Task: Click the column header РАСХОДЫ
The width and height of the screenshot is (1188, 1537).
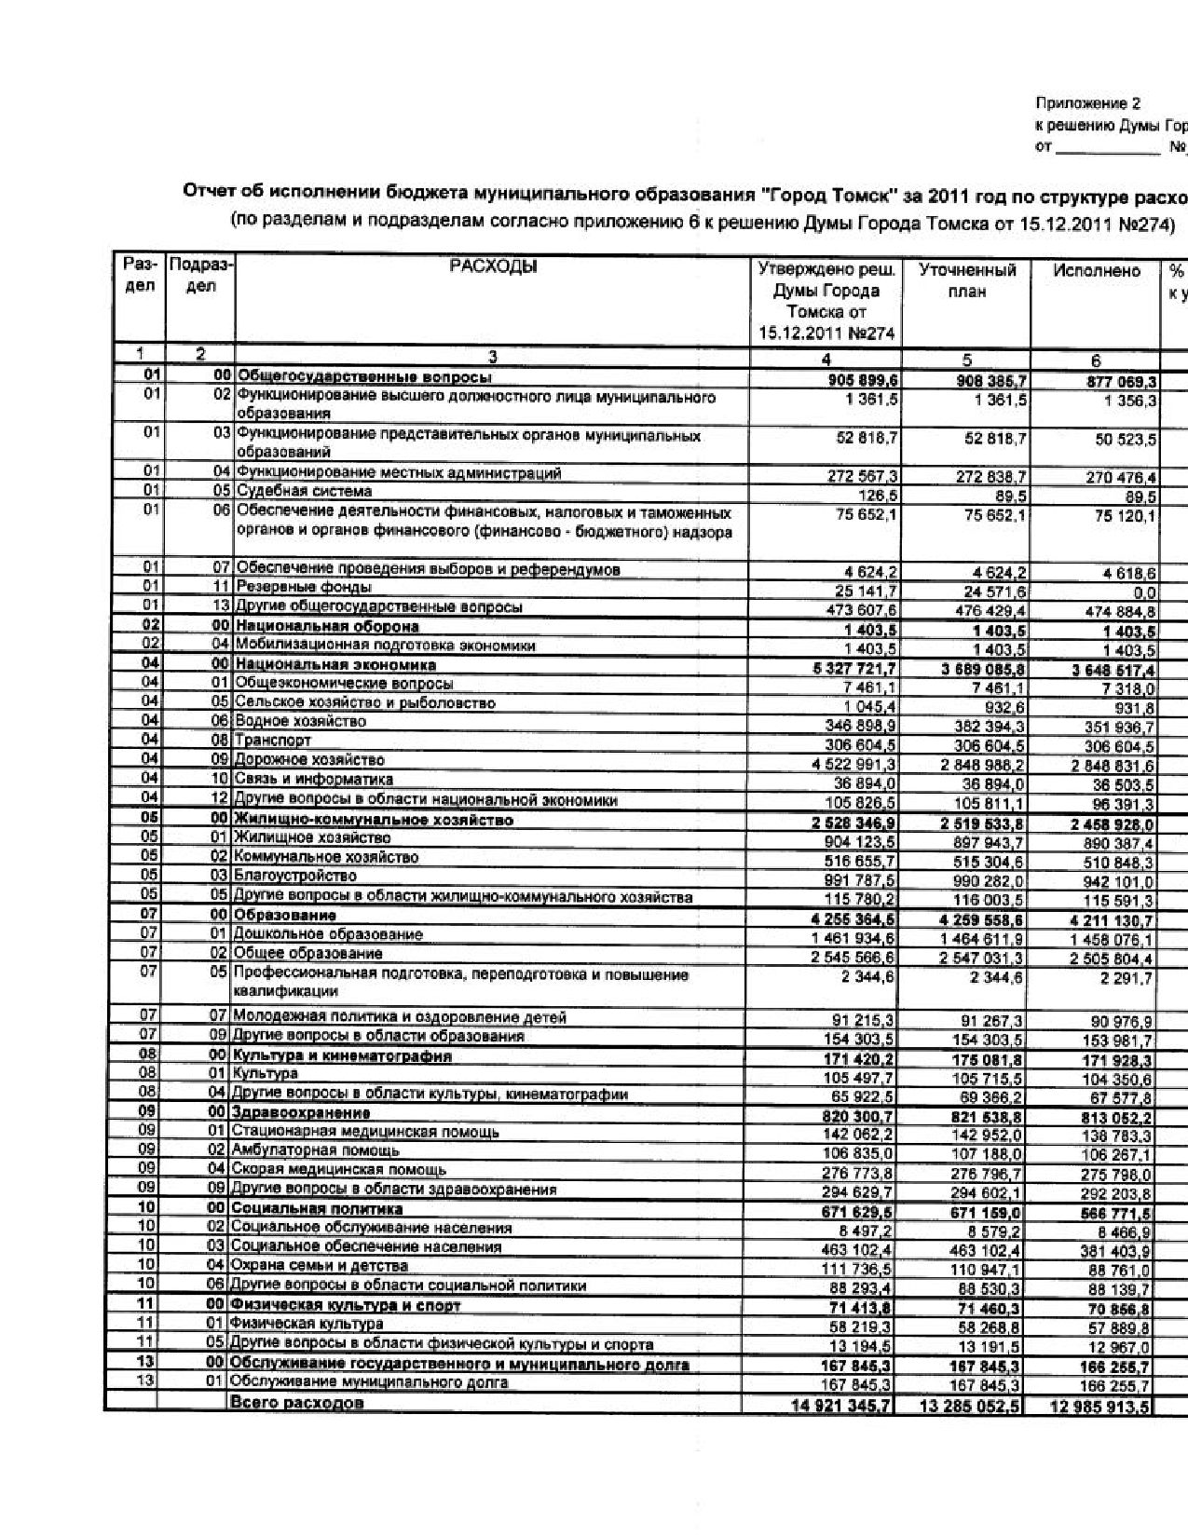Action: (x=493, y=268)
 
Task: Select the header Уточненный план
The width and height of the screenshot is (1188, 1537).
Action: (x=966, y=280)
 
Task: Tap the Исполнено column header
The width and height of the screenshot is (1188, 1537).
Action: (x=1097, y=271)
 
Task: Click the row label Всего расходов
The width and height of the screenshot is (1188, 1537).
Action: (x=296, y=1403)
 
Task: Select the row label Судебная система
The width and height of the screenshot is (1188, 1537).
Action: (x=304, y=492)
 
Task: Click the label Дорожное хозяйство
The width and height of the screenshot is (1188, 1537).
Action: (x=308, y=760)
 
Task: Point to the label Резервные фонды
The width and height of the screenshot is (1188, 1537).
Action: (x=304, y=588)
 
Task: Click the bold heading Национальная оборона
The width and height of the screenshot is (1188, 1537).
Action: (x=327, y=626)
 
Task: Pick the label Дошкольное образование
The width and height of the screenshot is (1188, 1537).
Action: (x=327, y=934)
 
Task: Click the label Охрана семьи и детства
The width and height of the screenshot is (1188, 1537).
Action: (x=319, y=1266)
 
